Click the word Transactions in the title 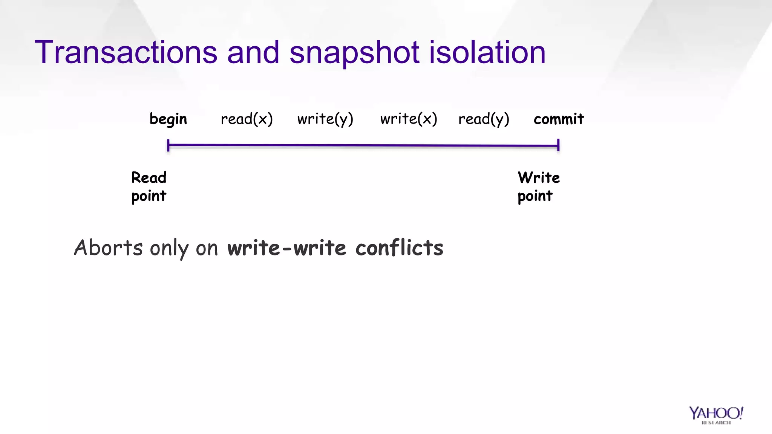[x=126, y=53]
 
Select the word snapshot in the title [x=354, y=53]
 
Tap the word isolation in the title [x=487, y=53]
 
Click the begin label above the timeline [x=168, y=119]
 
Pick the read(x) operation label [x=247, y=119]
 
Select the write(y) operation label [x=325, y=119]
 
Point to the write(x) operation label [x=409, y=119]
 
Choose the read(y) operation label [x=484, y=119]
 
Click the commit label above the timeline [x=559, y=119]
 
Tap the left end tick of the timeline [x=168, y=145]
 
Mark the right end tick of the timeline [x=558, y=145]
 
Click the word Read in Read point [x=149, y=177]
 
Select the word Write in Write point [x=539, y=177]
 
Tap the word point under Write [x=535, y=196]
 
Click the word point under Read [x=149, y=196]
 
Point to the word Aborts [x=108, y=248]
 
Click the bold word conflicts [x=399, y=248]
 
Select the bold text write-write [x=286, y=248]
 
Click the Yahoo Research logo [x=716, y=415]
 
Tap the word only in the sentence [x=169, y=249]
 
